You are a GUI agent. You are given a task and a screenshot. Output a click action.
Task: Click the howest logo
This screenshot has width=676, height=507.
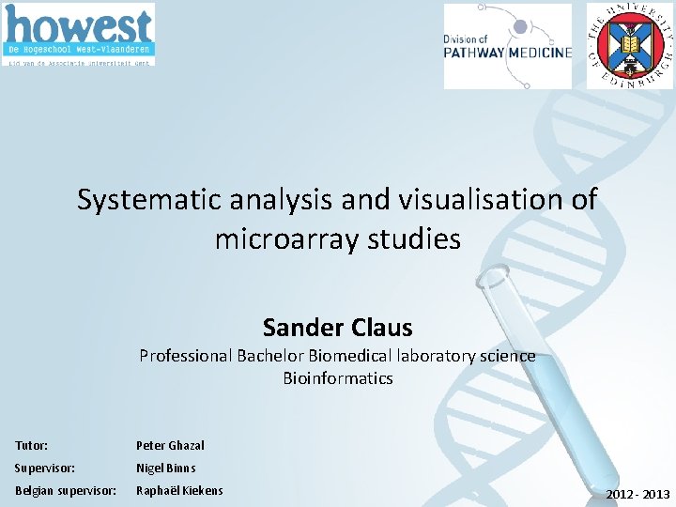[x=79, y=35]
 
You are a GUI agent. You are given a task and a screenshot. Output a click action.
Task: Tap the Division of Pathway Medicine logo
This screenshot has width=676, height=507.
[x=507, y=46]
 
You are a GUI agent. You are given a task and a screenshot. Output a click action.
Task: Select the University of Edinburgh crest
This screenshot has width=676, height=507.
[x=629, y=45]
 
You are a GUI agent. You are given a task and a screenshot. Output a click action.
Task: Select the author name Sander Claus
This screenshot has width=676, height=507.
[x=337, y=328]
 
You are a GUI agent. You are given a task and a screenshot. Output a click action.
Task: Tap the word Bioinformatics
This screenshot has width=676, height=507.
[x=337, y=378]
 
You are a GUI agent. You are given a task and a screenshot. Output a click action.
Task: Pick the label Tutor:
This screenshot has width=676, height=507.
[x=32, y=445]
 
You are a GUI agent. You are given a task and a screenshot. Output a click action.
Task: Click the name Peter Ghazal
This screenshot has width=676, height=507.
[x=170, y=445]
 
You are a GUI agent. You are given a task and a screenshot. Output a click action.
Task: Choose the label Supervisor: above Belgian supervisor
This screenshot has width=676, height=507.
[x=46, y=468]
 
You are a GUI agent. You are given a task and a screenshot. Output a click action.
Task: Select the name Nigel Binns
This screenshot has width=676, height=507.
[x=166, y=468]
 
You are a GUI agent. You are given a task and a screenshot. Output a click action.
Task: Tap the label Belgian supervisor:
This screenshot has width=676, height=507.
[x=66, y=490]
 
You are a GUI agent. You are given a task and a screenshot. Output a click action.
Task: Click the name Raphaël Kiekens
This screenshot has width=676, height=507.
[x=179, y=490]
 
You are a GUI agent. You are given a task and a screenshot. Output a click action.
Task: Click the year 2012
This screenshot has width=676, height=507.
[x=620, y=494]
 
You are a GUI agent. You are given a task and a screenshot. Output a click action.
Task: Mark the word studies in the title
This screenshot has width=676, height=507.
[x=417, y=239]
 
